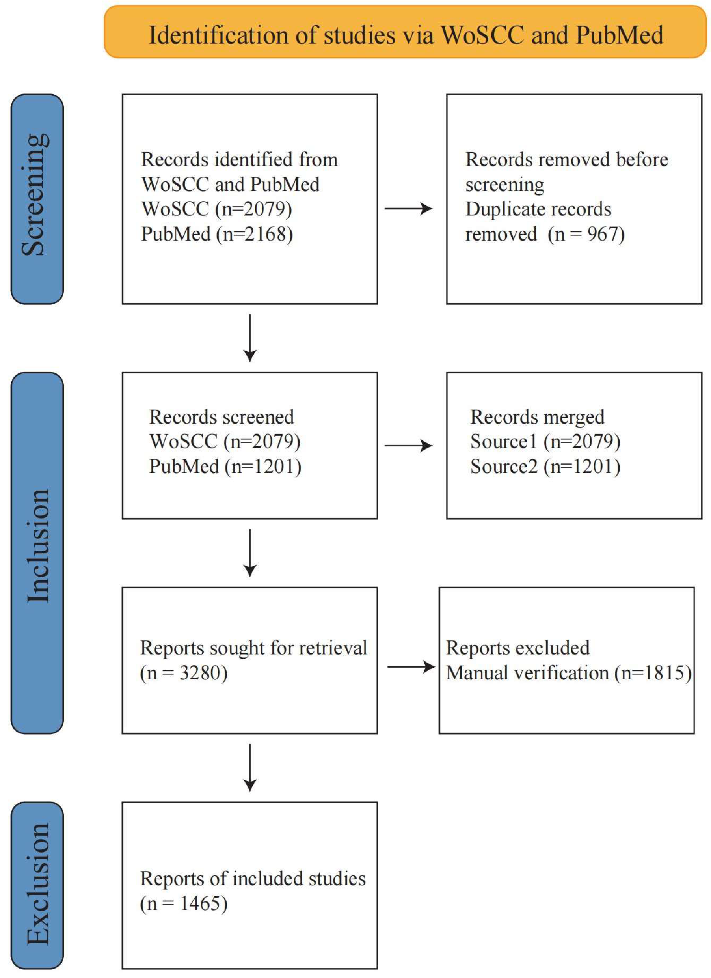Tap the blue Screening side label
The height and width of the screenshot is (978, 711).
(x=37, y=199)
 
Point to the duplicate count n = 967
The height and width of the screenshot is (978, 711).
(x=586, y=234)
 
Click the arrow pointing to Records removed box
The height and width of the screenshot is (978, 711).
(x=408, y=209)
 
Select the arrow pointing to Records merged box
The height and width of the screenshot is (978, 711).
(x=408, y=446)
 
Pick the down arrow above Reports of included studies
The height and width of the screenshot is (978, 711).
(x=250, y=767)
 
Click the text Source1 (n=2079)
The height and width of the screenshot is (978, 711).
(x=545, y=442)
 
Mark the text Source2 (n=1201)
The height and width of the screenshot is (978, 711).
(x=545, y=467)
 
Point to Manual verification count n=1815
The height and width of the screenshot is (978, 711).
(x=653, y=673)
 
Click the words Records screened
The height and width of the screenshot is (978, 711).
(x=221, y=417)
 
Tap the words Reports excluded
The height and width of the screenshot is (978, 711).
(x=517, y=648)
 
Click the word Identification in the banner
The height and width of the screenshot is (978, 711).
(x=218, y=35)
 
